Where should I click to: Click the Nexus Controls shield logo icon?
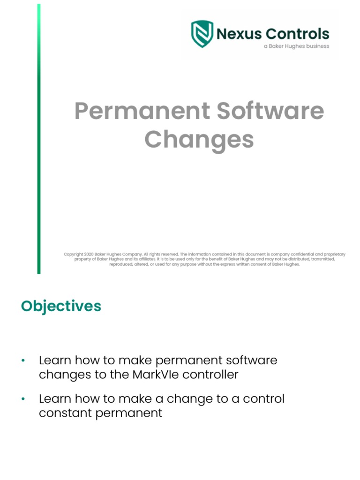tap(202, 34)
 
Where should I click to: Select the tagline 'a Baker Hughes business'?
tap(296, 46)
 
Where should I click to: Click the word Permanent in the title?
tap(142, 111)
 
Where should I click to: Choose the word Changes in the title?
tap(199, 139)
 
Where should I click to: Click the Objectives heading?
tap(61, 306)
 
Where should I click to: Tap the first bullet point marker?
tap(22, 360)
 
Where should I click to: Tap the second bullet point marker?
tap(22, 399)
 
